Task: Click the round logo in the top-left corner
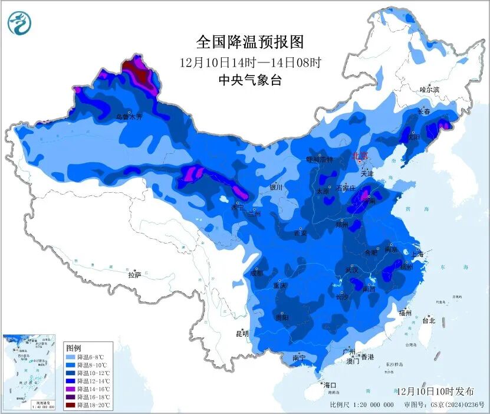(18, 23)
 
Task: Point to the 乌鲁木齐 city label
(129, 117)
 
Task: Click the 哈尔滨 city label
(429, 90)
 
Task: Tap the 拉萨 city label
(134, 274)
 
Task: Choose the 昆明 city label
(242, 333)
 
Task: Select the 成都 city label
(256, 273)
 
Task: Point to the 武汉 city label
(351, 270)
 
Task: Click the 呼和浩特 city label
(320, 159)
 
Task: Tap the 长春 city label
(423, 111)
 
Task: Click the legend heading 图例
(74, 348)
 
